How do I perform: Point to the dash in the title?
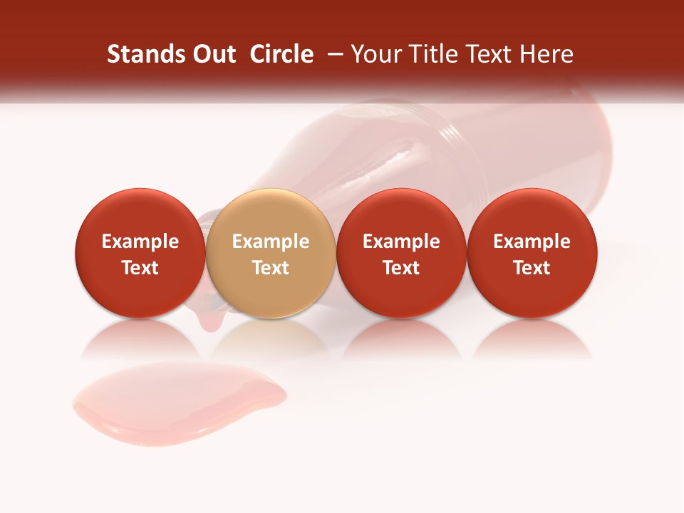[333, 54]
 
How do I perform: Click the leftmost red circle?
[140, 254]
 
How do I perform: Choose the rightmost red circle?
[532, 254]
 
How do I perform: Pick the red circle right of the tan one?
[401, 254]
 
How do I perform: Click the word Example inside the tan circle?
[271, 242]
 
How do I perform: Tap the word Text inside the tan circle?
[271, 268]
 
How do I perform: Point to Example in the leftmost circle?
[140, 242]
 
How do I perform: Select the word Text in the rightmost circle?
[532, 268]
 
